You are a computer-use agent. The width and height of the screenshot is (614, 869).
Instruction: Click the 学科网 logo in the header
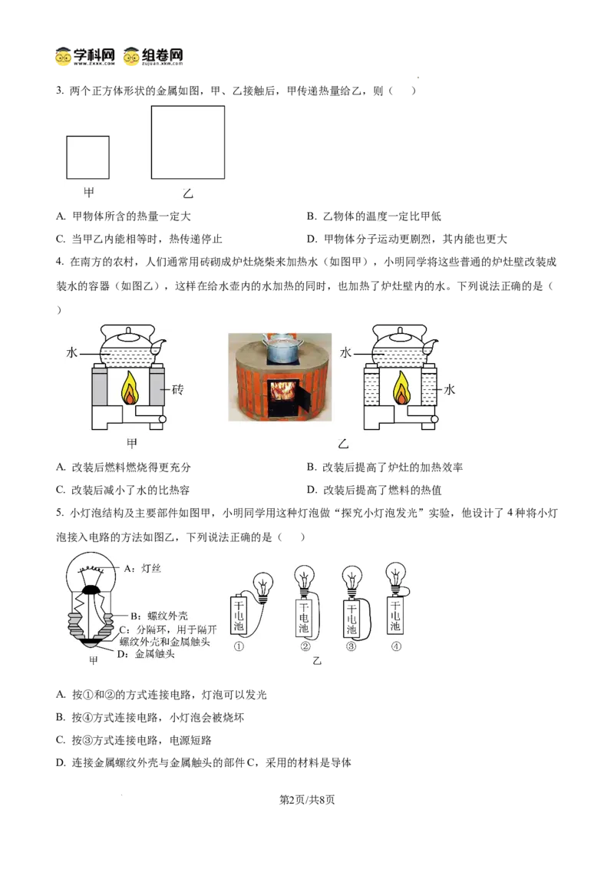(85, 57)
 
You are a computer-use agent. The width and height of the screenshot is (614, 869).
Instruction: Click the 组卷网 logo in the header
(153, 57)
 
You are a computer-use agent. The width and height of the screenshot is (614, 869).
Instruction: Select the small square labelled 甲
(87, 157)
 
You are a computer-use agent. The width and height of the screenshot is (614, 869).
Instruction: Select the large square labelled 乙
(188, 143)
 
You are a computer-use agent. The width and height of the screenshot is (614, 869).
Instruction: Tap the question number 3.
(59, 91)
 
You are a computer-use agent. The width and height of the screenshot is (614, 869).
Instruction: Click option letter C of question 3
(61, 239)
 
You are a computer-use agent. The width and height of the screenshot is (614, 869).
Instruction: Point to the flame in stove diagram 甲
(130, 387)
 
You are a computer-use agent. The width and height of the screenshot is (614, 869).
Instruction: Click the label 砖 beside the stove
(177, 390)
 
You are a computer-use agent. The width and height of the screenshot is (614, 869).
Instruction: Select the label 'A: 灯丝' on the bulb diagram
(143, 569)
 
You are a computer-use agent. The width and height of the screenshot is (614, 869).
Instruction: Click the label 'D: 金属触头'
(146, 654)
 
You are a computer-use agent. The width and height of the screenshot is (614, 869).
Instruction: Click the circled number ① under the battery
(239, 646)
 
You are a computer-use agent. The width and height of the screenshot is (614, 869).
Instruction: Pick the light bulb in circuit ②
(305, 580)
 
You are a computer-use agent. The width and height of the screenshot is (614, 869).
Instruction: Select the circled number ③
(351, 646)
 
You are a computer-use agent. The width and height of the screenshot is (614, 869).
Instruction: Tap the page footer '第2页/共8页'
(307, 800)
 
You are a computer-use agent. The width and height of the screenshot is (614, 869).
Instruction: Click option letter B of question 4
(312, 468)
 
